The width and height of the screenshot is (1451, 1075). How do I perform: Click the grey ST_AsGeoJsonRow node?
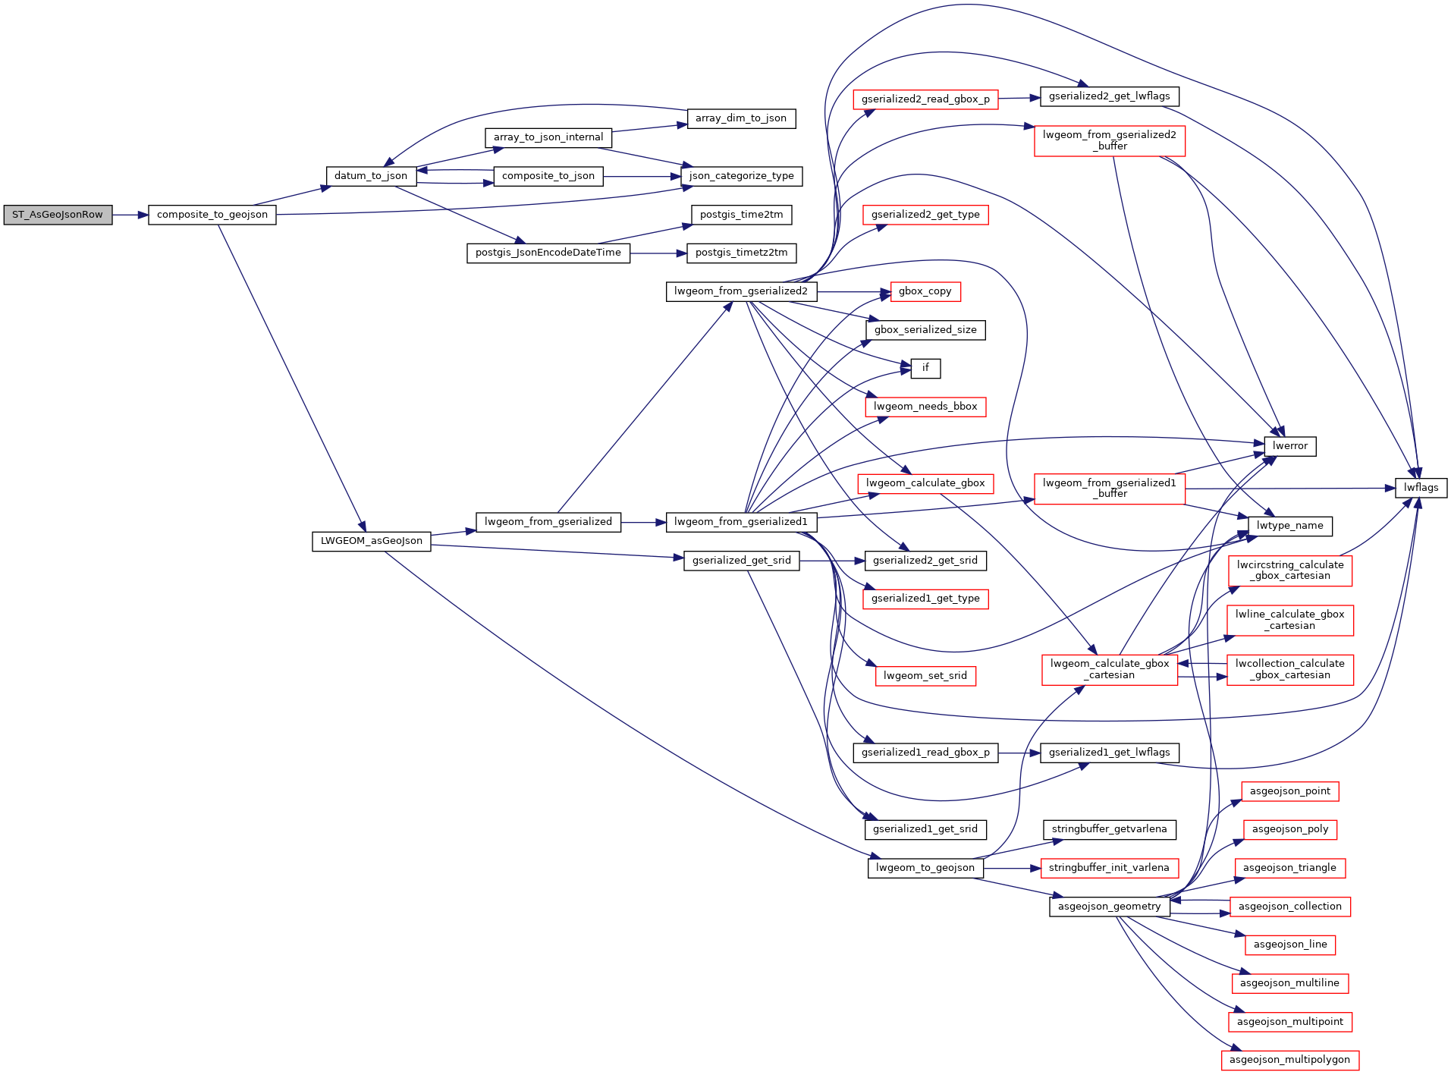tap(58, 215)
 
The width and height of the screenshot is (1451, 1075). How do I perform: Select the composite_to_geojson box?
tap(212, 215)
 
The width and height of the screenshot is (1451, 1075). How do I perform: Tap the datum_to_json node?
tap(371, 176)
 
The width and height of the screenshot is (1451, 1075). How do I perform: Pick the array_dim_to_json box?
tap(741, 118)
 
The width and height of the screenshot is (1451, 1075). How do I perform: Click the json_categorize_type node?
tap(741, 176)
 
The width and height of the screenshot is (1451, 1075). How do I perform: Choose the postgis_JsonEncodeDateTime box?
tap(548, 253)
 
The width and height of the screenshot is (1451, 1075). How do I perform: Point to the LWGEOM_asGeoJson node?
tap(371, 541)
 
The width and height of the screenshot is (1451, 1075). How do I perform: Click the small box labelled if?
tap(925, 368)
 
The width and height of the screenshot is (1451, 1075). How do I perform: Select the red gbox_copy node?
tap(925, 291)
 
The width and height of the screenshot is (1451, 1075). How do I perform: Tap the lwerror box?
tap(1289, 446)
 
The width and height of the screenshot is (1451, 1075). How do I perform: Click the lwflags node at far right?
tap(1421, 488)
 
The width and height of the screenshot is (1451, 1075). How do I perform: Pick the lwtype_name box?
tap(1289, 526)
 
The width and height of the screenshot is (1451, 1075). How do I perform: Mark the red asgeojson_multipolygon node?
tap(1289, 1060)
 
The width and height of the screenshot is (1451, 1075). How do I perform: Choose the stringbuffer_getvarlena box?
tap(1109, 829)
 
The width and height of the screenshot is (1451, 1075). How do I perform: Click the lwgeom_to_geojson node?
tap(925, 868)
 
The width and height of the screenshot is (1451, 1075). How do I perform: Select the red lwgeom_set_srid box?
tap(925, 676)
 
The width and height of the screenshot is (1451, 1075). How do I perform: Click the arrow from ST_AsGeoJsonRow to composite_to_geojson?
tap(130, 215)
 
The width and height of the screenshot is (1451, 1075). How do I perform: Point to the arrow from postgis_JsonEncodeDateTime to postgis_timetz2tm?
tap(658, 253)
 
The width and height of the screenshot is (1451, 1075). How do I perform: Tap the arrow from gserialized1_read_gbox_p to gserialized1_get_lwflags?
tap(1019, 753)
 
